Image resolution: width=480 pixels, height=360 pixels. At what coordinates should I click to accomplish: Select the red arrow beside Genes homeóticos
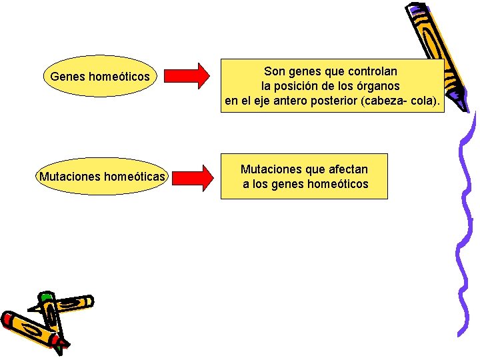(186, 76)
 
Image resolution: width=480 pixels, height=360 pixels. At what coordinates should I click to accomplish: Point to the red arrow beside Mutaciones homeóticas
(186, 177)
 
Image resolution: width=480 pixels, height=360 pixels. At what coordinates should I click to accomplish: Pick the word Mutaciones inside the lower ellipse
(68, 177)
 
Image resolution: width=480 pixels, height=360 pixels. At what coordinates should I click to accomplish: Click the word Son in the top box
(273, 71)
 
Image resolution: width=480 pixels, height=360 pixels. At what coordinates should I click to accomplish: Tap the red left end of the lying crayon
(8, 320)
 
